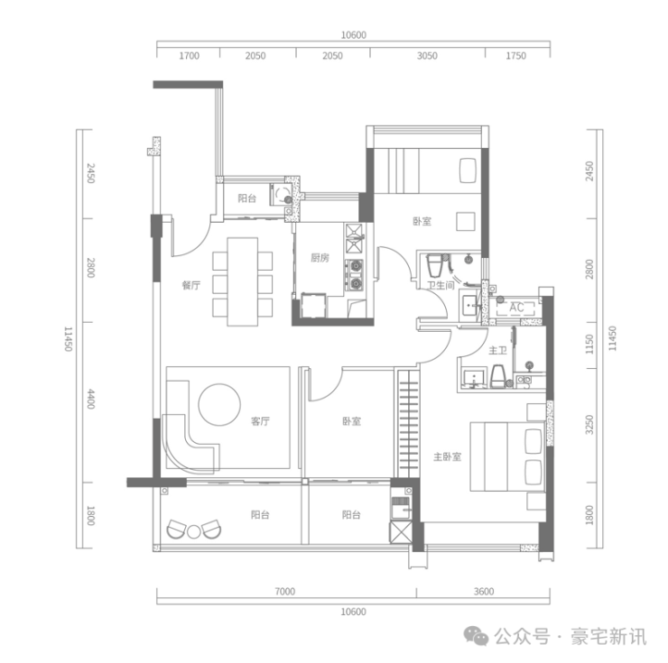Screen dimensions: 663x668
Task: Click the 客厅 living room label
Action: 261,420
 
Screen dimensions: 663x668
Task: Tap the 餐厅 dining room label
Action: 190,285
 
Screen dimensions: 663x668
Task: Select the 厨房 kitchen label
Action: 319,257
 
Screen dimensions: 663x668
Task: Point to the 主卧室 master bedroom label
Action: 448,456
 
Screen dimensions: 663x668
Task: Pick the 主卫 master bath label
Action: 496,349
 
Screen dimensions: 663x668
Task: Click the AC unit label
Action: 516,308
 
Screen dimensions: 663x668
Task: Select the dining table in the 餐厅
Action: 242,281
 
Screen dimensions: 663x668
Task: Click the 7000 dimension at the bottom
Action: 284,592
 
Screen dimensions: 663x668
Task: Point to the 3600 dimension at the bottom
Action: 483,592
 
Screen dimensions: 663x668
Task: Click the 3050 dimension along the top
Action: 427,55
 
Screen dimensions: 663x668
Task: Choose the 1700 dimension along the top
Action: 189,55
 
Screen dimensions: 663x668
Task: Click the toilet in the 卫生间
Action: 435,265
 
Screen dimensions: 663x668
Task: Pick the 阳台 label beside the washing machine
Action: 246,198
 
